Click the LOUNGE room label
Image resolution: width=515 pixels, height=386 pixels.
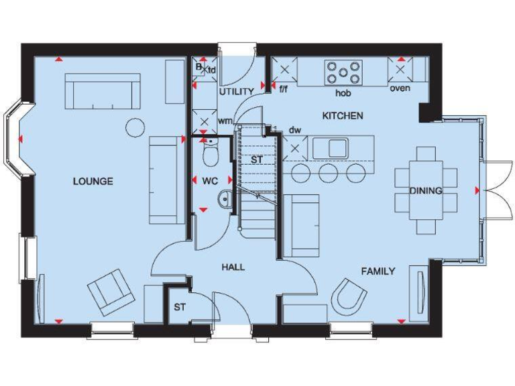(x=93, y=182)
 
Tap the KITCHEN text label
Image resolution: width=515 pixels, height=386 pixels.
(x=343, y=116)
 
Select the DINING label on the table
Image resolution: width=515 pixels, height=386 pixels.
(x=426, y=191)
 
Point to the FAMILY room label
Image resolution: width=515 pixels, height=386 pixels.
(x=378, y=271)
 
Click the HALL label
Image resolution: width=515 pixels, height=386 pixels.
(x=233, y=267)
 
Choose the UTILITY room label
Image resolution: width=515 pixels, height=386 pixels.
(x=236, y=91)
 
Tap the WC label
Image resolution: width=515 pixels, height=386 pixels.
(x=210, y=181)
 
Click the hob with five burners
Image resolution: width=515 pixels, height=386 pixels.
(x=343, y=71)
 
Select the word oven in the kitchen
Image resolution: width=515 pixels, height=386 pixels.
(x=400, y=88)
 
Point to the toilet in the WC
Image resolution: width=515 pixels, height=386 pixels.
(x=210, y=155)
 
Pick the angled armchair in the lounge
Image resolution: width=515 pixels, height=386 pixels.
(x=111, y=292)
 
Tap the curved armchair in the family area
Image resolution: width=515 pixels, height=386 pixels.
(x=351, y=295)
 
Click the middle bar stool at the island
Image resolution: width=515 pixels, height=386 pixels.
(x=328, y=173)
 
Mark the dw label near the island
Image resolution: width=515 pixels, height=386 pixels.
(x=294, y=130)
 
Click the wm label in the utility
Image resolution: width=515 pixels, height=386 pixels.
(x=225, y=121)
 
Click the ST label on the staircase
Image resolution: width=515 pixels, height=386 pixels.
(x=257, y=160)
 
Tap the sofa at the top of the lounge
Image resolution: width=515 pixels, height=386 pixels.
(x=103, y=91)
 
